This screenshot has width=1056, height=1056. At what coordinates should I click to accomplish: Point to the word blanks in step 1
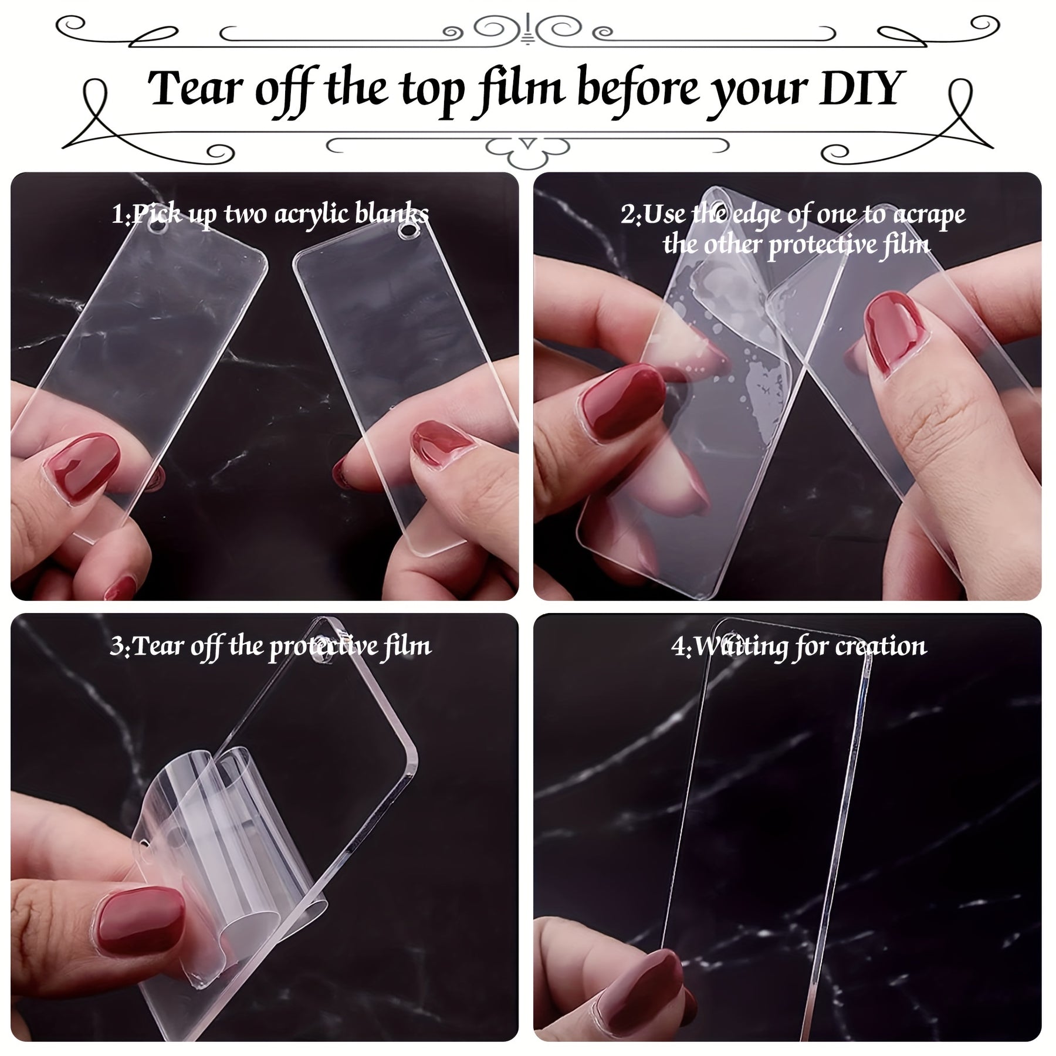tap(392, 214)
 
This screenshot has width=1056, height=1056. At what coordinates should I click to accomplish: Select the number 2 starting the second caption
tap(628, 216)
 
